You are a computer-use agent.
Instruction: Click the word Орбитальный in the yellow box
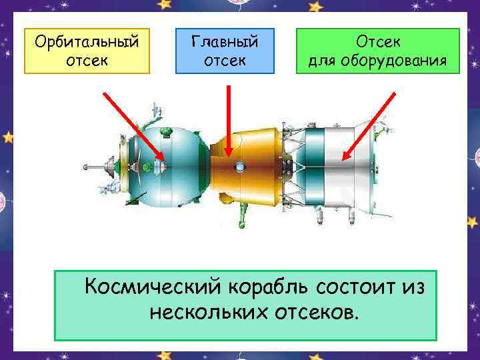pyautogui.click(x=87, y=42)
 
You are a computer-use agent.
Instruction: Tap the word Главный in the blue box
pyautogui.click(x=224, y=42)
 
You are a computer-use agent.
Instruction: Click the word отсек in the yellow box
pyautogui.click(x=87, y=61)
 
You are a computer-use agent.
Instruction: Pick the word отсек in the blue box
pyautogui.click(x=224, y=61)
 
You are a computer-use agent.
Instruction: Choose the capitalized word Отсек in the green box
pyautogui.click(x=378, y=42)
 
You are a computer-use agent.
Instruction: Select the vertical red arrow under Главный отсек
pyautogui.click(x=229, y=120)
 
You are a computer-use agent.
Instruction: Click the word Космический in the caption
pyautogui.click(x=151, y=287)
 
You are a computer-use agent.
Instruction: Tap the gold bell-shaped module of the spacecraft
pyautogui.click(x=250, y=163)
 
